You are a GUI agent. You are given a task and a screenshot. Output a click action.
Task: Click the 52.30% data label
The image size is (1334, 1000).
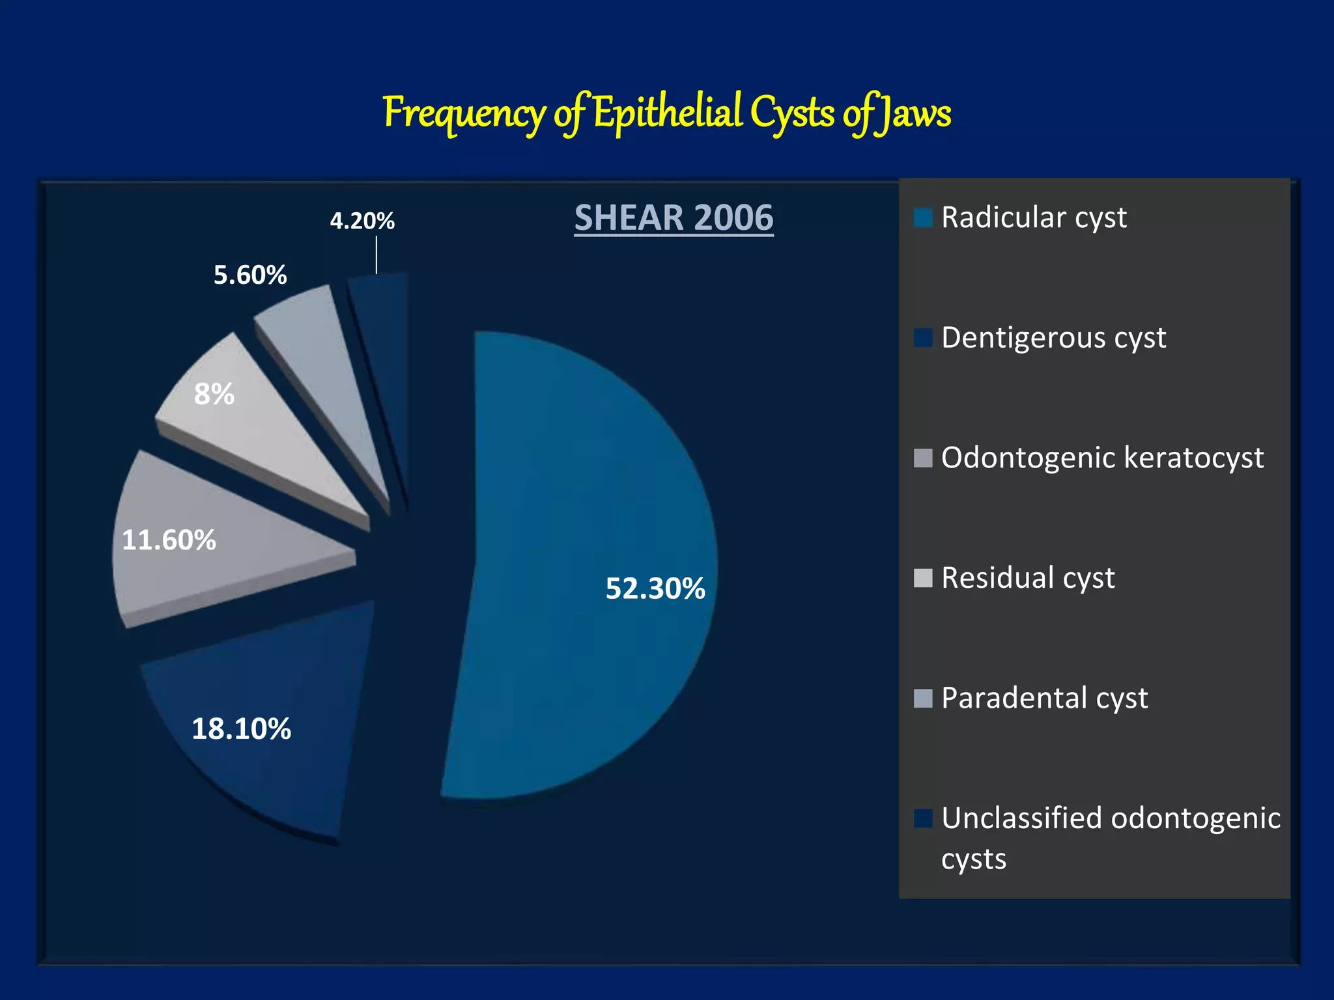(655, 589)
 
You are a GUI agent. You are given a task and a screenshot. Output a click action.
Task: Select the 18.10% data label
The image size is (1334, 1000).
(241, 729)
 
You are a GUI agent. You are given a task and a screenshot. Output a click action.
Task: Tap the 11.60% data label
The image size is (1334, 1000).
(169, 540)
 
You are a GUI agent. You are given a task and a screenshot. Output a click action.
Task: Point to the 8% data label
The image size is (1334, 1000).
(214, 394)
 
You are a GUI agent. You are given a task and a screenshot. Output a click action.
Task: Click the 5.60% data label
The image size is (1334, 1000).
(250, 275)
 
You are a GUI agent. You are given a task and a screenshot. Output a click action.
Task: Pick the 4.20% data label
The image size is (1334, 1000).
(362, 221)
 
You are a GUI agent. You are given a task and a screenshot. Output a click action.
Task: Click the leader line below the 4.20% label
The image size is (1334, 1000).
(376, 255)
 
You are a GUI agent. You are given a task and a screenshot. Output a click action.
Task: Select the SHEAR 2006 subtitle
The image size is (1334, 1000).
(674, 217)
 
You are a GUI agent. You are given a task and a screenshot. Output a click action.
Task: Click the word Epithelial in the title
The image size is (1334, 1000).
(668, 112)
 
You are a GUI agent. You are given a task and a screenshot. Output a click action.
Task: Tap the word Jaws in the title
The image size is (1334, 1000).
(913, 113)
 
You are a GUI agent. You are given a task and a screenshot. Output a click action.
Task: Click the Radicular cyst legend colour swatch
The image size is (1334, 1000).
(923, 217)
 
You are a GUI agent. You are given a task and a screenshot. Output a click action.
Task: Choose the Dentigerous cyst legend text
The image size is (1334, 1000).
(1053, 337)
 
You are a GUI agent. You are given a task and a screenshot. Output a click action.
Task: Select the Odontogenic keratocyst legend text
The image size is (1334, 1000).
(1102, 457)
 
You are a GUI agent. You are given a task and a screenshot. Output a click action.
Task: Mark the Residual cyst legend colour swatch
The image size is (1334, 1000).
(923, 577)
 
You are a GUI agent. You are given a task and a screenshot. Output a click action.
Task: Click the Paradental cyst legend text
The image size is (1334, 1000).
(1044, 698)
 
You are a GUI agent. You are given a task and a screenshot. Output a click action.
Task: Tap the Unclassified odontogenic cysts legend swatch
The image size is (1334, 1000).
(923, 818)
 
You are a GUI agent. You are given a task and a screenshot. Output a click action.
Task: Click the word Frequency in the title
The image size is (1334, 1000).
(464, 113)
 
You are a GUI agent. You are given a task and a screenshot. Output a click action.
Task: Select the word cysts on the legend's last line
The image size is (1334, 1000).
(973, 859)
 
